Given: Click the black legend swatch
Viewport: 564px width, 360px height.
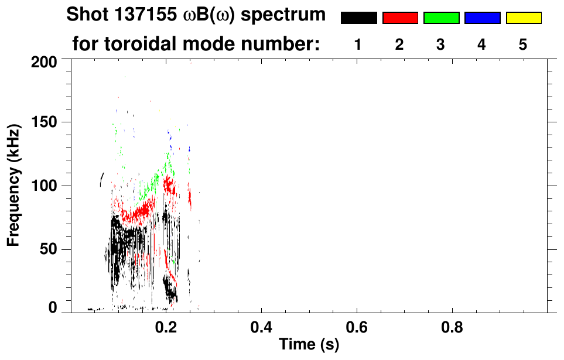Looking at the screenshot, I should (x=358, y=18).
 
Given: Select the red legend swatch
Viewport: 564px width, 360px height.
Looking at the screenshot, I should (x=400, y=18).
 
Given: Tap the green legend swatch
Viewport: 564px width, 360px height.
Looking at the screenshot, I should (x=441, y=18).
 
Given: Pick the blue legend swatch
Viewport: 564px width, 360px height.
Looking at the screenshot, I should (x=482, y=18).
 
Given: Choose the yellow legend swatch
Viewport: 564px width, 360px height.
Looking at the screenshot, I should (x=523, y=18).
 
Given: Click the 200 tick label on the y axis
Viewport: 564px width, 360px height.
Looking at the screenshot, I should (x=45, y=61).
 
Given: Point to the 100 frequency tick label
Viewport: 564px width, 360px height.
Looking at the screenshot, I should (x=45, y=186).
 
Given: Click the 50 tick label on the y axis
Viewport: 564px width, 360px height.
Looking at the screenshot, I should (x=49, y=250).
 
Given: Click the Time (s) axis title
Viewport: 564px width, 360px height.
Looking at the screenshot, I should (x=308, y=345).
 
